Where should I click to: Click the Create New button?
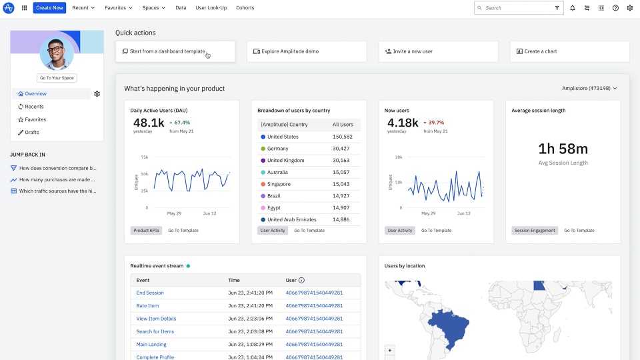(x=49, y=8)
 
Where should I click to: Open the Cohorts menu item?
(x=245, y=8)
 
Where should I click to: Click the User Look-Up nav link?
(x=211, y=8)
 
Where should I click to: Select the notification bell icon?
(x=572, y=8)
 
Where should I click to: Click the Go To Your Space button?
(x=57, y=78)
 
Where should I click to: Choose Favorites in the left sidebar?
(x=35, y=119)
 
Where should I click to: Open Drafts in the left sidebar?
(x=31, y=133)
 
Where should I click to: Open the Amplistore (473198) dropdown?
(x=589, y=88)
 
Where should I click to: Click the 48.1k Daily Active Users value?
(x=148, y=123)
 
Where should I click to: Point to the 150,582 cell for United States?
(x=342, y=137)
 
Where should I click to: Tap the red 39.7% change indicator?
(x=436, y=123)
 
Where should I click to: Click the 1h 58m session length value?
(x=563, y=149)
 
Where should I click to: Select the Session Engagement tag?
(x=535, y=231)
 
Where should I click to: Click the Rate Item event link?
(x=147, y=305)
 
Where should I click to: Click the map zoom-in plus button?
(x=390, y=350)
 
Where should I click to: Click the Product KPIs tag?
(x=146, y=231)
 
